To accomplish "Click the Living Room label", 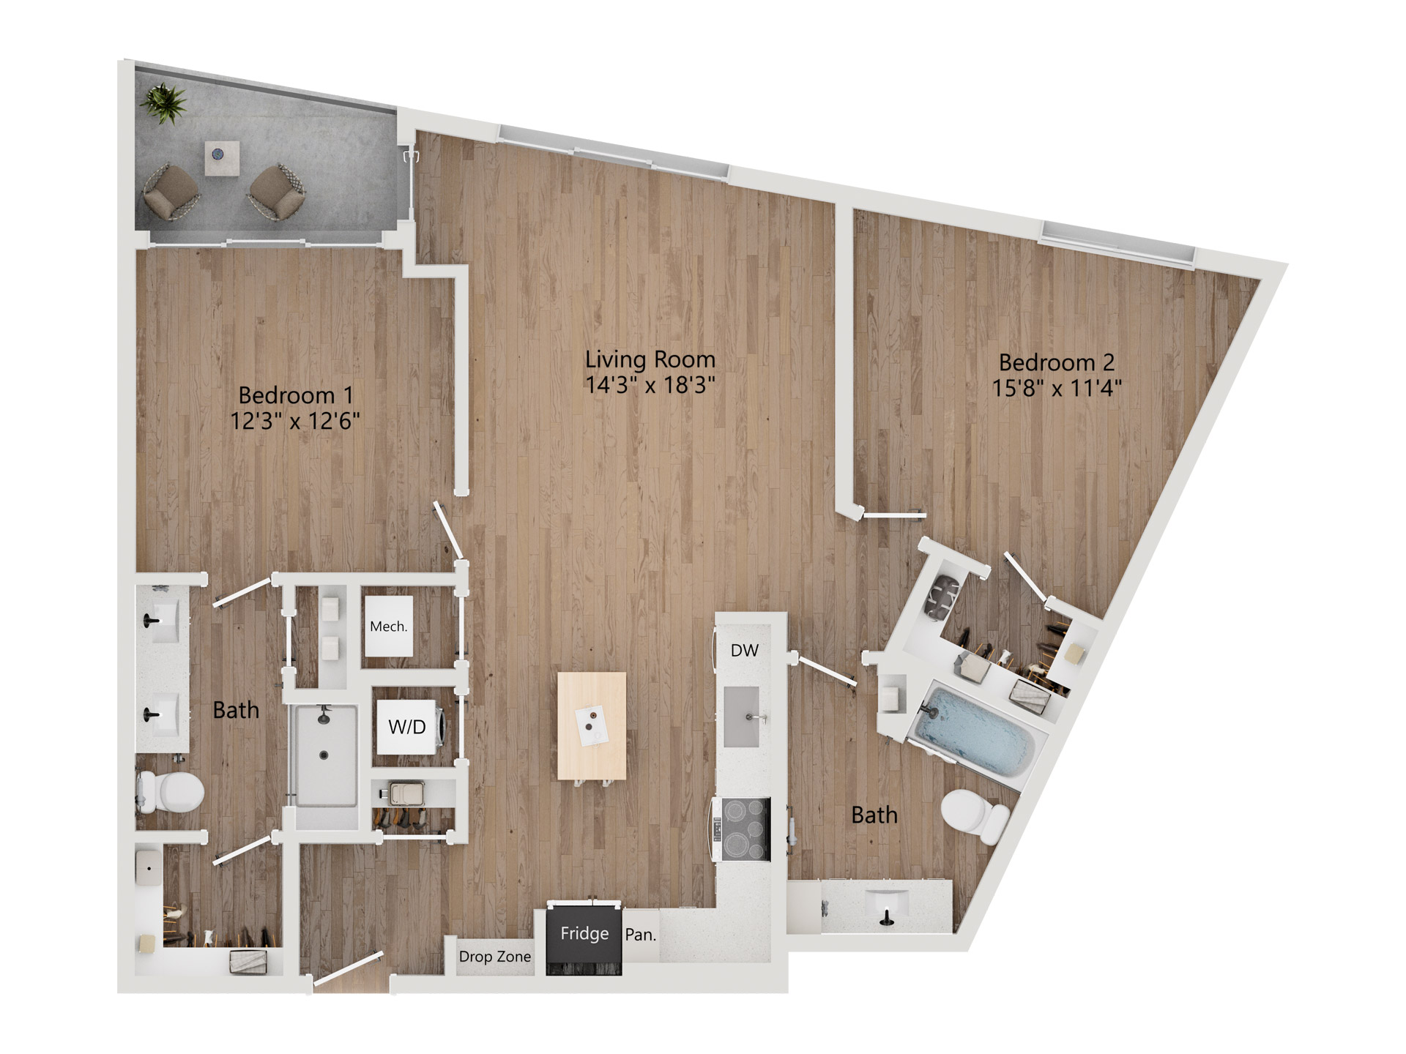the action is point(650,359).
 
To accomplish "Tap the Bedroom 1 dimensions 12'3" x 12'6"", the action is point(295,421).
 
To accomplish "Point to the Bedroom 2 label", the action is point(1056,362).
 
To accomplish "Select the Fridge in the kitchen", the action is point(584,940).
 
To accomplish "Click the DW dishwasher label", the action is point(744,650).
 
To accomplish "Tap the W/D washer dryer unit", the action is point(409,727).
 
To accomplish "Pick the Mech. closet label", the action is point(388,627).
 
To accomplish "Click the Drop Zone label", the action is point(494,957).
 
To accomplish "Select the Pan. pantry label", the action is point(640,935).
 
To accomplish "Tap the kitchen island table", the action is point(592,726).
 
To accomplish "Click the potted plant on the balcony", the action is point(165,102).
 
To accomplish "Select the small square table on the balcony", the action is point(222,158).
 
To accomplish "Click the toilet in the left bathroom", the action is point(173,790).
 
